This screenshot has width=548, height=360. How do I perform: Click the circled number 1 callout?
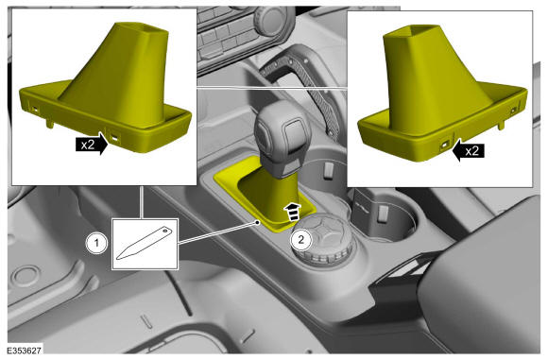pos(96,243)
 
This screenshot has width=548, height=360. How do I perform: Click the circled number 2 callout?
pos(300,240)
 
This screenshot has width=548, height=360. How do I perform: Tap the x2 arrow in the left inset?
pos(92,144)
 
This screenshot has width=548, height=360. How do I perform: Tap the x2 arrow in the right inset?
pos(468,151)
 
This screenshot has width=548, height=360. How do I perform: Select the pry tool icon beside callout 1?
pos(144,243)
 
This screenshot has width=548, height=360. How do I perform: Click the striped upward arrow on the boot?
pos(294,211)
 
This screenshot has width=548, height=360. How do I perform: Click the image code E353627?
pos(25,351)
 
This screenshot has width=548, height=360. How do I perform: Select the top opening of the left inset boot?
pos(141,30)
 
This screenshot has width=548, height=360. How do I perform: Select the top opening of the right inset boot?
pos(415,32)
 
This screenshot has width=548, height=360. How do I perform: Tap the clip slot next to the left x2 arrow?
pos(114,137)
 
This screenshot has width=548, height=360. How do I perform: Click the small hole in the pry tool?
pos(164,231)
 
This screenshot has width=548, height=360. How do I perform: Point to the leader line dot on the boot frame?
pos(258,222)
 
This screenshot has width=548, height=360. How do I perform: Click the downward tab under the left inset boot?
pos(50,123)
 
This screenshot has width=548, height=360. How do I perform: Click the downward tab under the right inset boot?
pos(501,125)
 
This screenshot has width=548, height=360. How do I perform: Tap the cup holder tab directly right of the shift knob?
pos(329,169)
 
